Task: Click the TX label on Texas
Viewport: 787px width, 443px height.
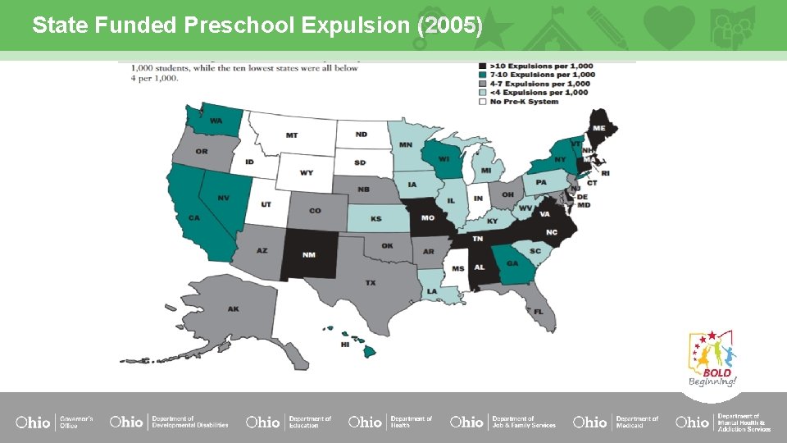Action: tap(371, 282)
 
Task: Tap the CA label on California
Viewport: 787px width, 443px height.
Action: tap(194, 218)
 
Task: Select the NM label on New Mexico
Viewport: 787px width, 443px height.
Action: tap(308, 254)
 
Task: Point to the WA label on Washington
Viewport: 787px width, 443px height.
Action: tap(216, 121)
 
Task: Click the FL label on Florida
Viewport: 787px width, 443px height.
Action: tap(539, 312)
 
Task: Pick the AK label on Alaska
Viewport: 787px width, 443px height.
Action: tap(234, 309)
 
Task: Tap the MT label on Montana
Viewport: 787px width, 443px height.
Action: tap(292, 135)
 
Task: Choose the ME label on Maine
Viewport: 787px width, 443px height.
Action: tap(599, 128)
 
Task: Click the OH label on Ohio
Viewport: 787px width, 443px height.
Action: tap(507, 194)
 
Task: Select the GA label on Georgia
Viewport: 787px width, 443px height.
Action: tap(512, 263)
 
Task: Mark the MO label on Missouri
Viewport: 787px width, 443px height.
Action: tap(427, 218)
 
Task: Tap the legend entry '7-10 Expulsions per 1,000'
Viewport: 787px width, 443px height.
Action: tap(541, 75)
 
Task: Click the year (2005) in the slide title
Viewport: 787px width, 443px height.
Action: tap(449, 25)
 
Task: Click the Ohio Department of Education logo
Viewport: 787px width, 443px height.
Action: tap(288, 422)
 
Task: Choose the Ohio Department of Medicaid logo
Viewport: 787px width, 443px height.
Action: tap(616, 422)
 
